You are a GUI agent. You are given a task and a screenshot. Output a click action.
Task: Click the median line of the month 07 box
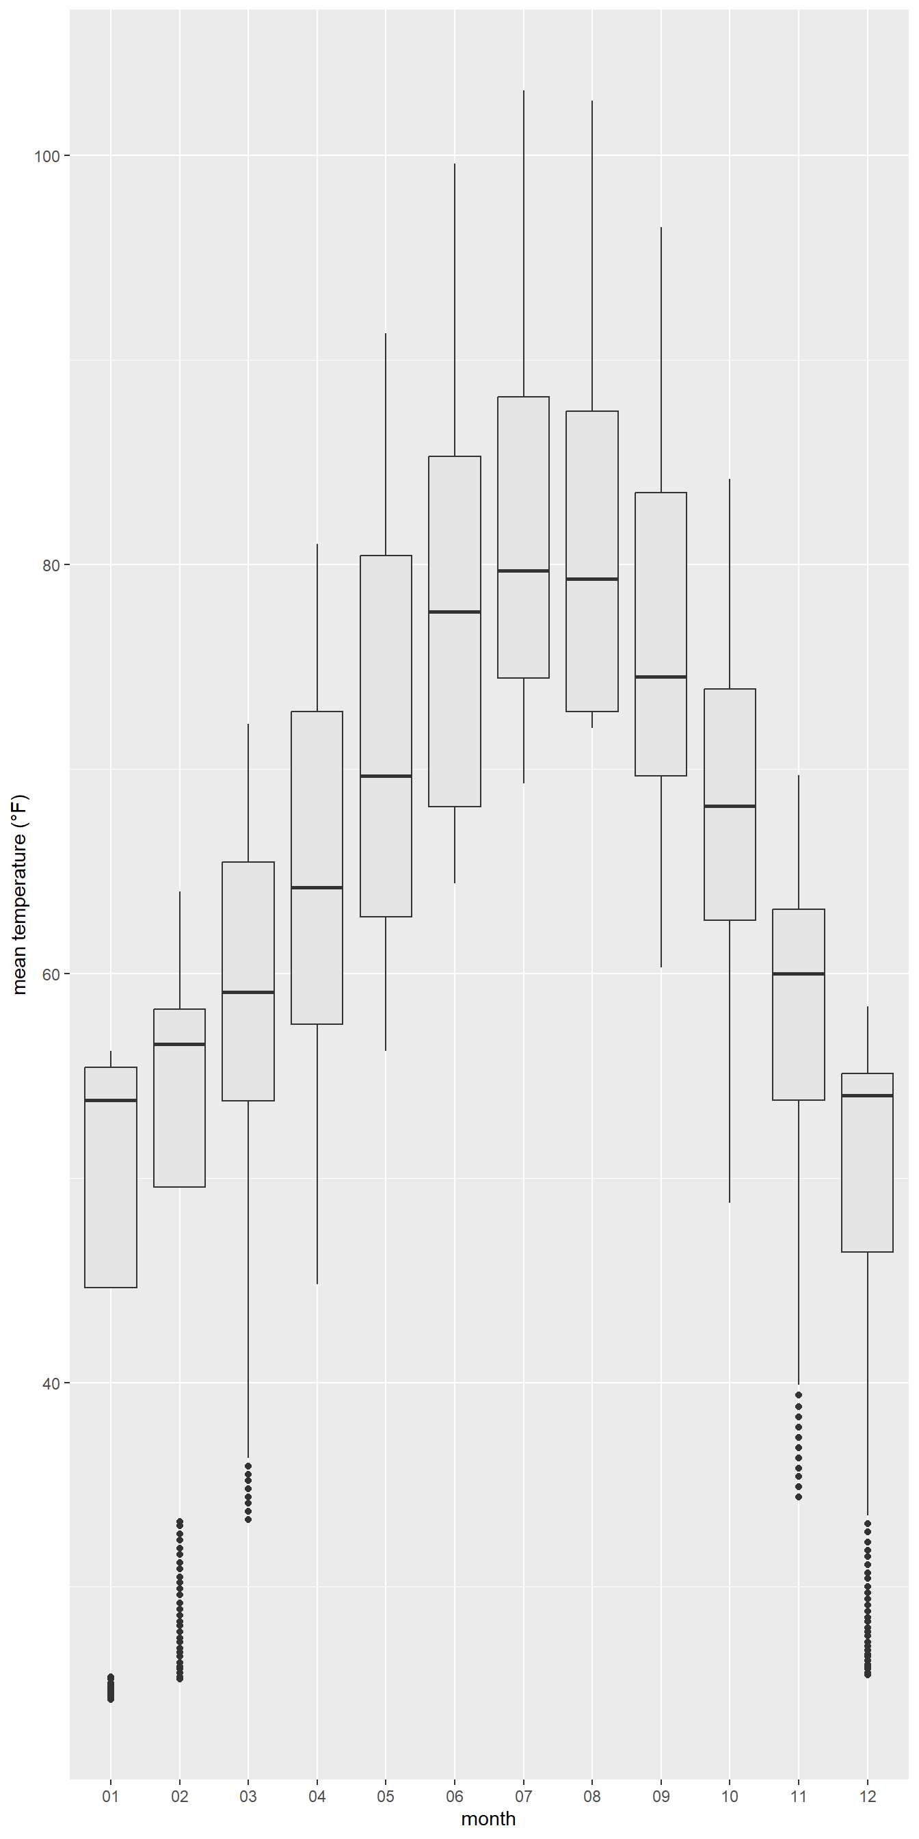[x=523, y=571]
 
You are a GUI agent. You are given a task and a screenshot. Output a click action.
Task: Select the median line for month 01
[x=111, y=1100]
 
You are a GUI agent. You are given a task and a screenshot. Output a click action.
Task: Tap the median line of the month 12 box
[x=867, y=1095]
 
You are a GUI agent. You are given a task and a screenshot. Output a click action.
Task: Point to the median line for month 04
[x=317, y=887]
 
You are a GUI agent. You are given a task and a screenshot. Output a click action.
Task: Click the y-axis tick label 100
[x=47, y=155]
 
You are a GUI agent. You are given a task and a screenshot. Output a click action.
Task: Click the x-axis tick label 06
[x=455, y=1796]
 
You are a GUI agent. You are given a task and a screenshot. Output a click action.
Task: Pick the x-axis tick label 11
[x=799, y=1796]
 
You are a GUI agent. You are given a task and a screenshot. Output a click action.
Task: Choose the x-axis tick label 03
[x=248, y=1796]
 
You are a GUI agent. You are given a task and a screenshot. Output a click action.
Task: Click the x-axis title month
[x=488, y=1819]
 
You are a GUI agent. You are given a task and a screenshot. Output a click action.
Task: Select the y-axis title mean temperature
[x=19, y=894]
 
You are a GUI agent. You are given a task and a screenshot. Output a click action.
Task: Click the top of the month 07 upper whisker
[x=523, y=91]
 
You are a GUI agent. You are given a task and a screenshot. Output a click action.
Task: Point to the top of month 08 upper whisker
[x=592, y=101]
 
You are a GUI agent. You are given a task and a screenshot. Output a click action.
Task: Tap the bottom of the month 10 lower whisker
[x=729, y=1202]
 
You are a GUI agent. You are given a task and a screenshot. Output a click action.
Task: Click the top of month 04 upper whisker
[x=317, y=545]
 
